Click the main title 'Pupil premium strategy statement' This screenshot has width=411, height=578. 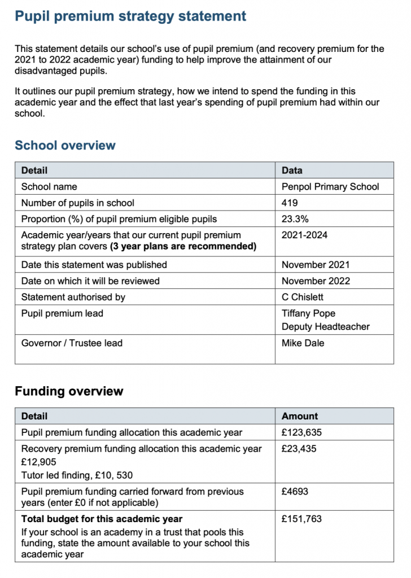[130, 16]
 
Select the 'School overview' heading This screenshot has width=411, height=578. [65, 145]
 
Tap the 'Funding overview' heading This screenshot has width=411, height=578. [69, 391]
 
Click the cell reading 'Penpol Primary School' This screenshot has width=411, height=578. [330, 186]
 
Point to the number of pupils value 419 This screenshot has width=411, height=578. [290, 203]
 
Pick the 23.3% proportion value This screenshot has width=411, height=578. [294, 219]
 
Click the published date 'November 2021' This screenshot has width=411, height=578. [316, 264]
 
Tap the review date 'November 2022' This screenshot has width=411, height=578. [316, 281]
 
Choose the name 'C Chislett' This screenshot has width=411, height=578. [303, 297]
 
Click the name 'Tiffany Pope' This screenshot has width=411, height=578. [308, 313]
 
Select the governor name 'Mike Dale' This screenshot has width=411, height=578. [303, 343]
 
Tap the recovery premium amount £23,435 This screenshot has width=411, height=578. [299, 449]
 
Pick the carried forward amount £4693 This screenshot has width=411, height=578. [295, 492]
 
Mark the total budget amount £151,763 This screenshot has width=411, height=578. [302, 519]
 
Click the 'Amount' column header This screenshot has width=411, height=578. [300, 416]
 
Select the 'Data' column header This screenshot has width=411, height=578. [292, 170]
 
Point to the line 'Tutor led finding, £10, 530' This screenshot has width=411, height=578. [77, 475]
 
